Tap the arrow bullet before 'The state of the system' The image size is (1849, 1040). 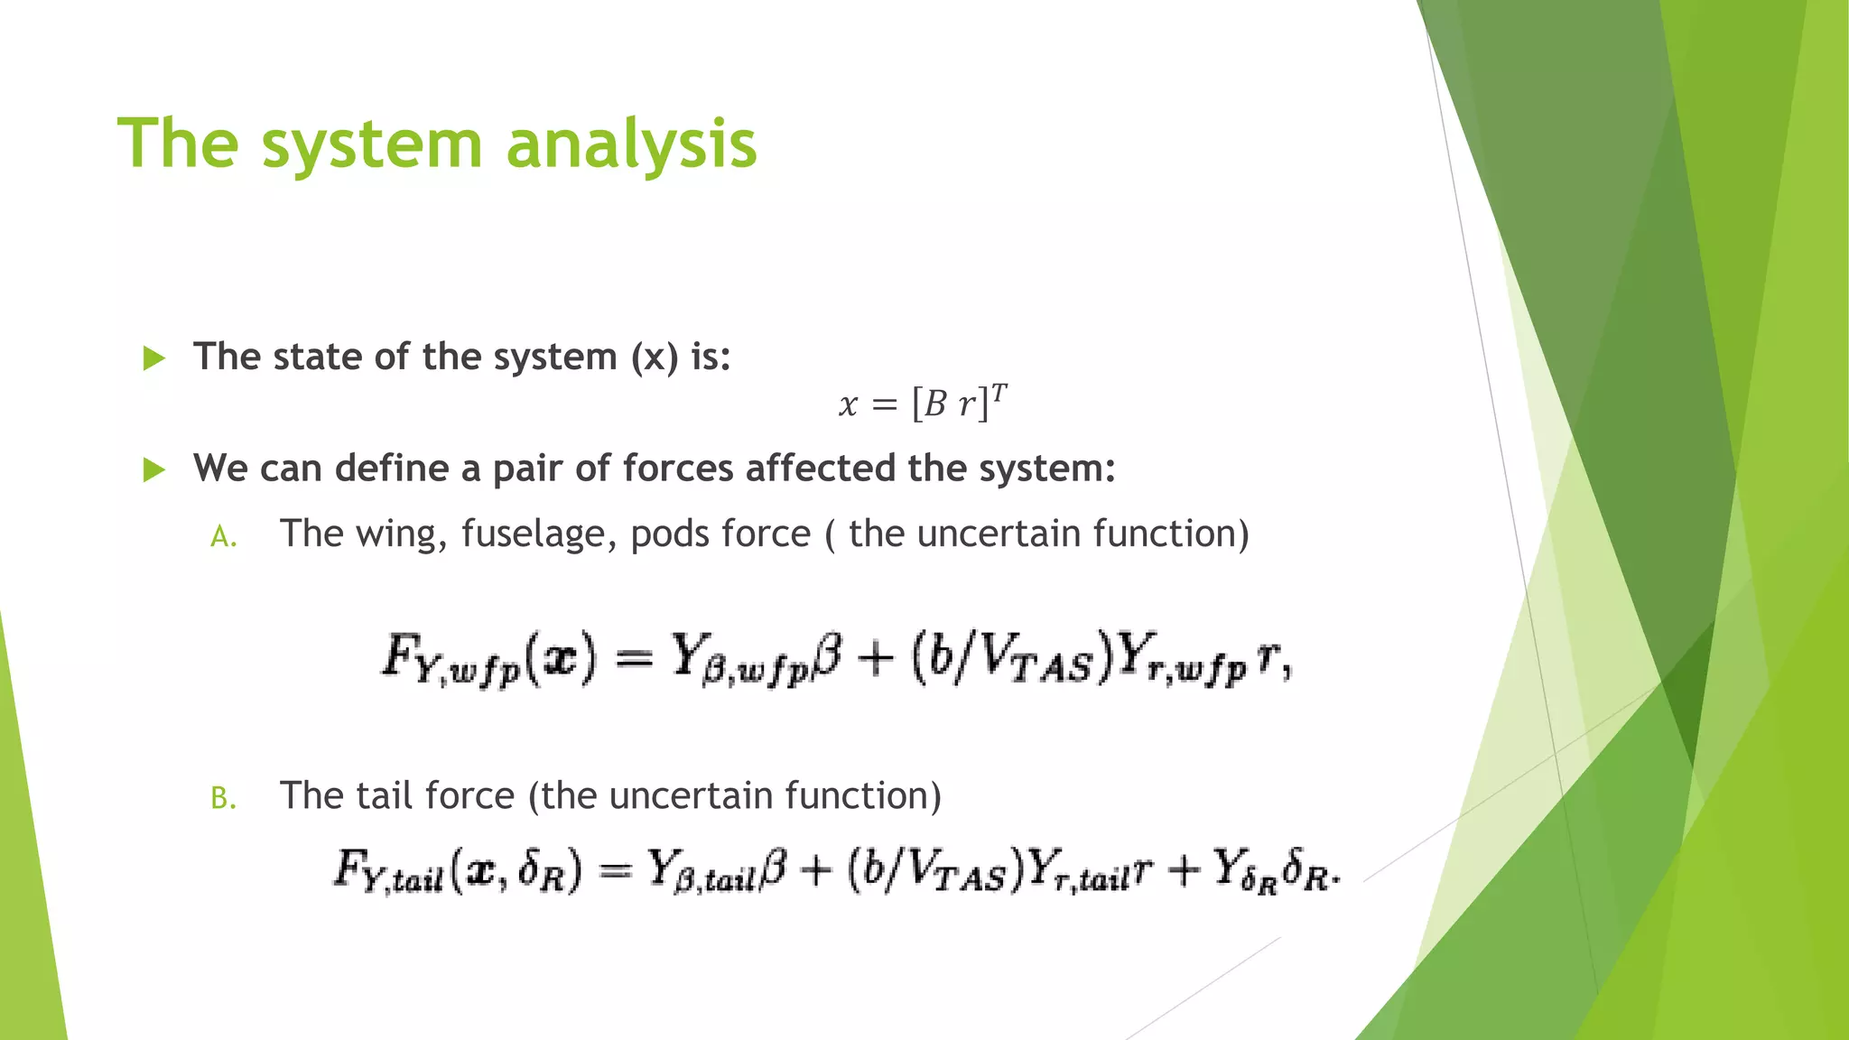click(154, 358)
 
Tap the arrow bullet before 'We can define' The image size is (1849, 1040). click(154, 469)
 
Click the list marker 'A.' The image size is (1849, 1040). click(223, 537)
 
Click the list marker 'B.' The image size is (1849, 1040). click(223, 799)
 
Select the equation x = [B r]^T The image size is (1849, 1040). click(922, 403)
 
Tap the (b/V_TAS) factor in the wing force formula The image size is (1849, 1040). click(1010, 659)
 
